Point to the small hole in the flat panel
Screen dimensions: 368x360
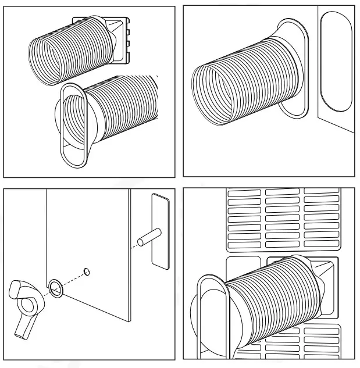86,270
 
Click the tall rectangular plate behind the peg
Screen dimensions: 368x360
160,231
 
